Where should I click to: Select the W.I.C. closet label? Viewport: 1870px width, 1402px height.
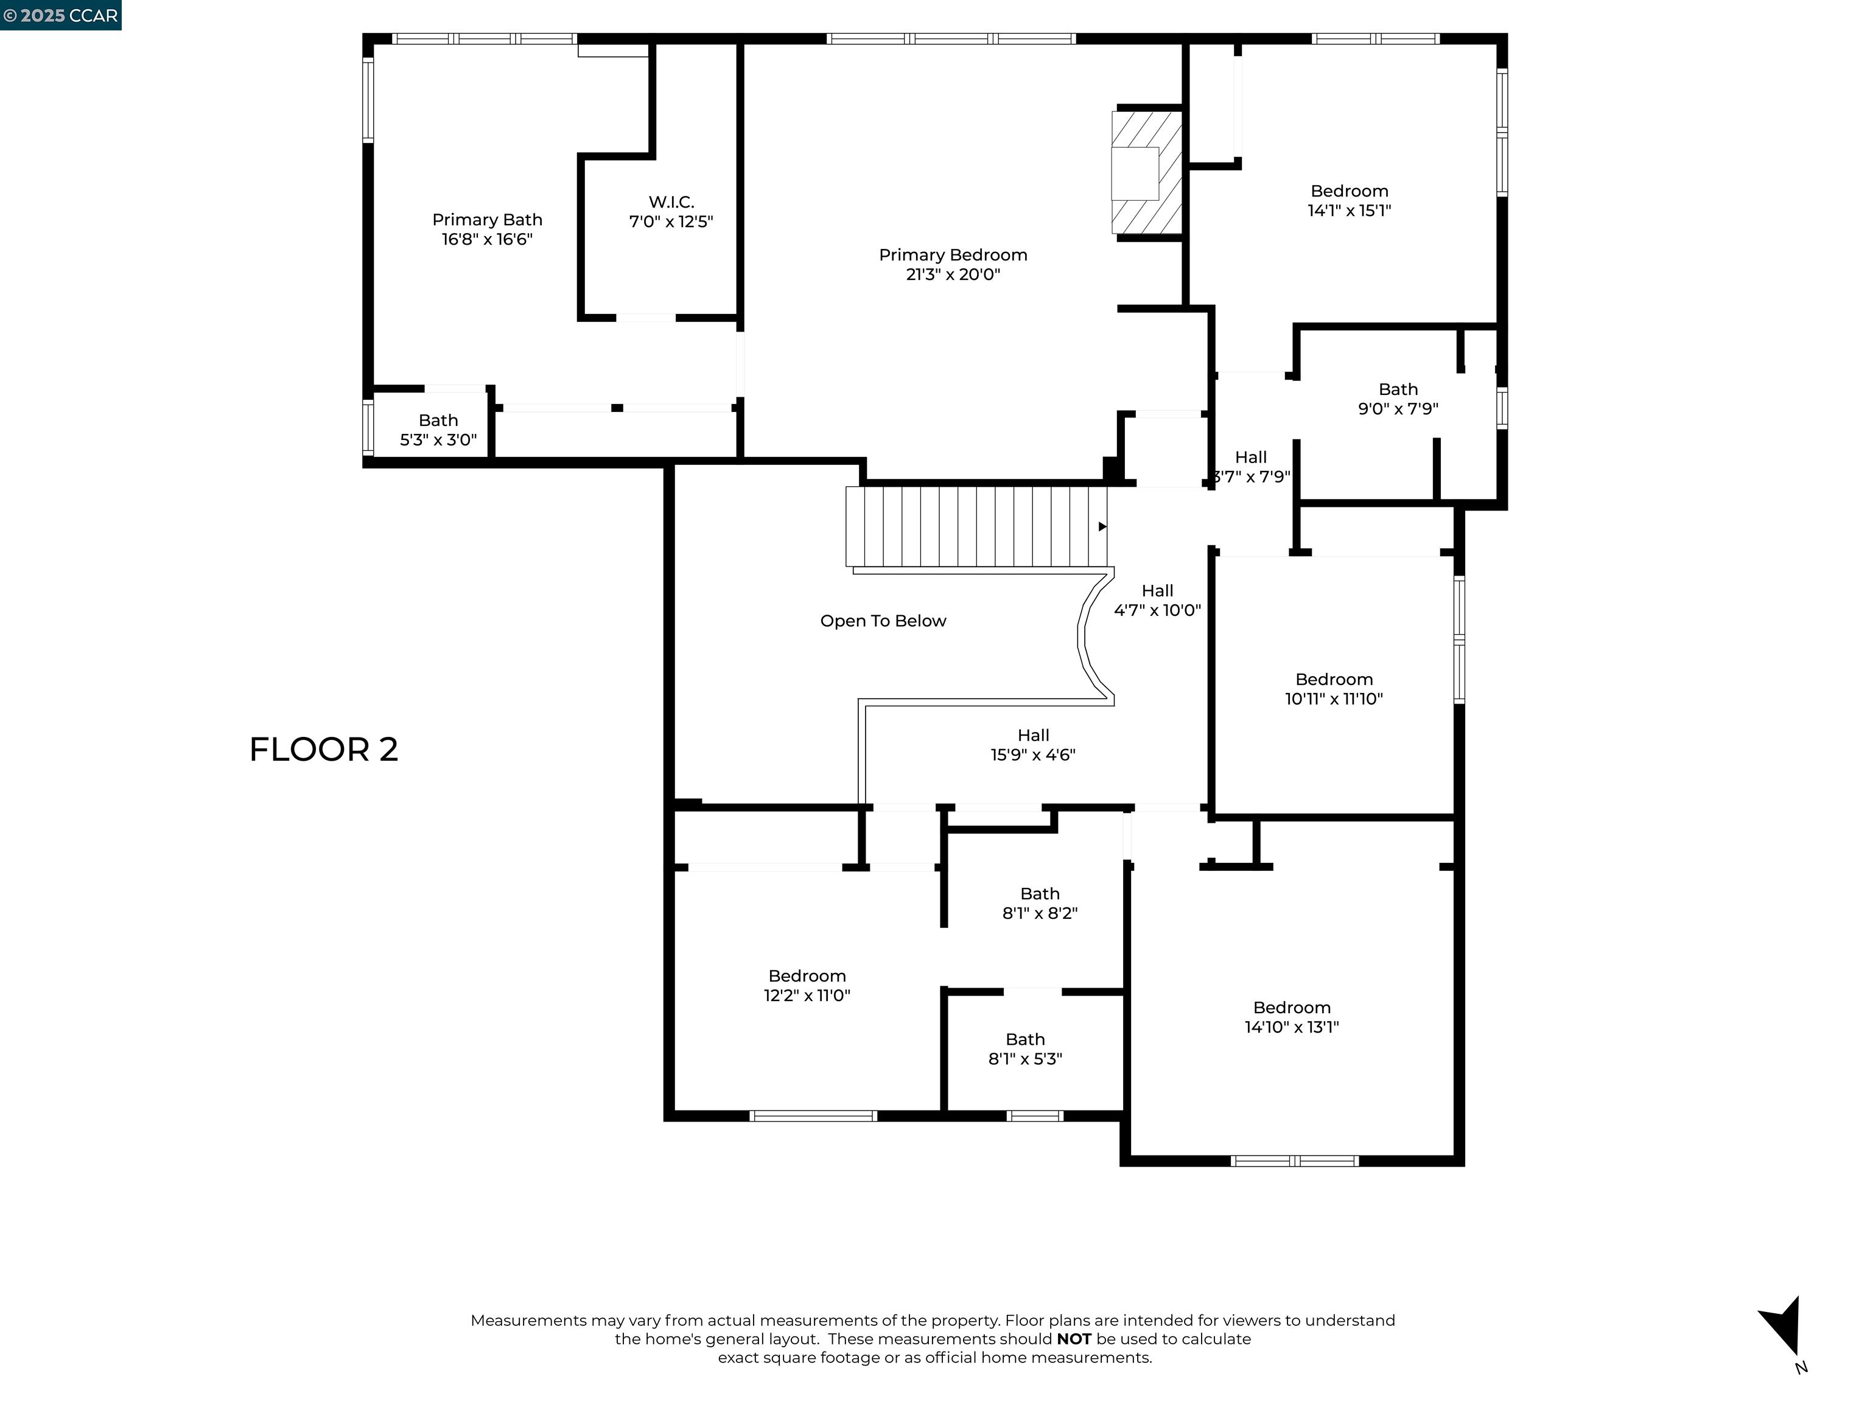tap(671, 202)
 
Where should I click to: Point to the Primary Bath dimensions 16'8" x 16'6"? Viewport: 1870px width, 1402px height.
tap(487, 239)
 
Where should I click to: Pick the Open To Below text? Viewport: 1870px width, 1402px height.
tap(883, 621)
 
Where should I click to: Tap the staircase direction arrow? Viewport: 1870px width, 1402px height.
tap(1102, 526)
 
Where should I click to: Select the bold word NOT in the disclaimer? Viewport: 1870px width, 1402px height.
tap(1074, 1339)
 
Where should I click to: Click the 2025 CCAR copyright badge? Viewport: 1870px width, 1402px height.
tap(61, 15)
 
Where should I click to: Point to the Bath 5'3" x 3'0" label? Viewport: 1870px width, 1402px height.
tap(438, 430)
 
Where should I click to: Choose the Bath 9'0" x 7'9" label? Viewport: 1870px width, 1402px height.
tap(1398, 399)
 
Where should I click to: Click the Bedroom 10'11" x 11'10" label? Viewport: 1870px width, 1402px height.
tap(1334, 689)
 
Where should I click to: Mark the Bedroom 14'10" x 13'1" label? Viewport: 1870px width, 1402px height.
tap(1292, 1017)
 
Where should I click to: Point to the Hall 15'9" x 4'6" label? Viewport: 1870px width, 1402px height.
tap(1033, 745)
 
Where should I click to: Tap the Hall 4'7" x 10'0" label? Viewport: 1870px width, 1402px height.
tap(1157, 601)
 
